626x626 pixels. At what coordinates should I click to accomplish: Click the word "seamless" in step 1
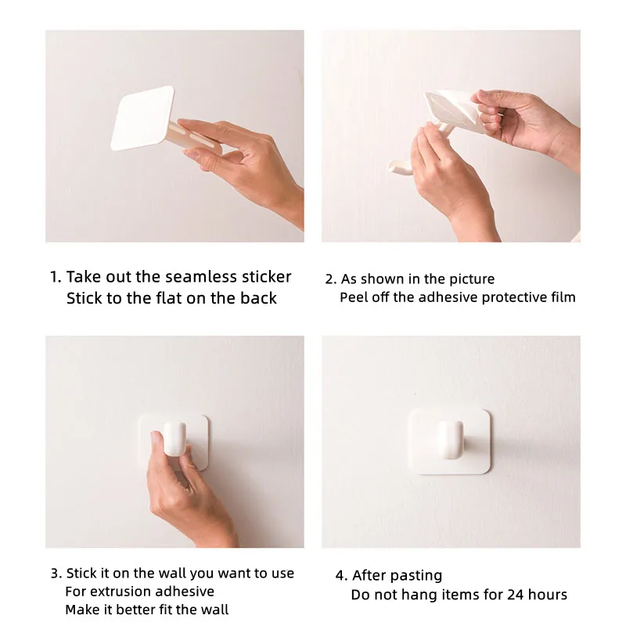[201, 277]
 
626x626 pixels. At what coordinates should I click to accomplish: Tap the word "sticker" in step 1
[267, 277]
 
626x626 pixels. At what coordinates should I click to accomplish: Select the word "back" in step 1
[258, 298]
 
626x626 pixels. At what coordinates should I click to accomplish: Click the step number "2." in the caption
[330, 279]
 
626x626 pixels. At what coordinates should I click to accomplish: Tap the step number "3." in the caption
[56, 574]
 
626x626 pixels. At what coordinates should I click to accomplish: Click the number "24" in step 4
[516, 595]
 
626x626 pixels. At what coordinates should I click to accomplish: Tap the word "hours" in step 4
[548, 595]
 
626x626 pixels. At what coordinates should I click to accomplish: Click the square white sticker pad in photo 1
[142, 118]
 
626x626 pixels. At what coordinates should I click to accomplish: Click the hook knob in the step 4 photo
[452, 439]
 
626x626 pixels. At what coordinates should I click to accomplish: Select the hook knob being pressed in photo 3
[174, 439]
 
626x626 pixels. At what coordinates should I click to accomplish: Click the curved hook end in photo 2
[399, 167]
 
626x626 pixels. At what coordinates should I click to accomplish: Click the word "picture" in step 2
[472, 279]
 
